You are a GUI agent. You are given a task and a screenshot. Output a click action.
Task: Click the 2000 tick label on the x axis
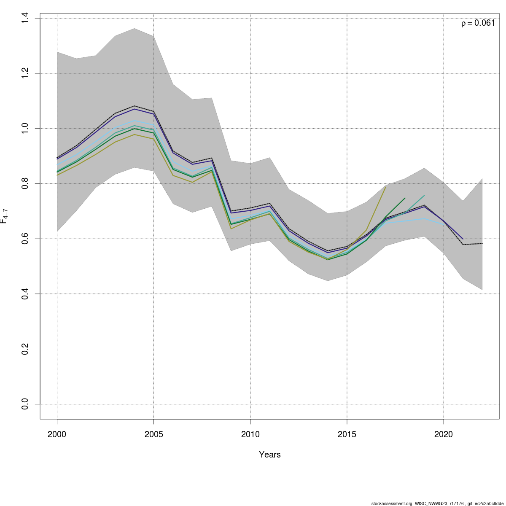click(57, 434)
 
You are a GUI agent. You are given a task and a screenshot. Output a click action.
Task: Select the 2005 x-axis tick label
click(153, 434)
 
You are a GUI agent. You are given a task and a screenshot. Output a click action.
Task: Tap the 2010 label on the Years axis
click(250, 434)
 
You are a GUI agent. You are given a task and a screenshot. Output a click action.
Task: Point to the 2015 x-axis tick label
click(347, 434)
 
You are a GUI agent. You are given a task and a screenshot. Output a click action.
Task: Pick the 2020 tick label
click(443, 434)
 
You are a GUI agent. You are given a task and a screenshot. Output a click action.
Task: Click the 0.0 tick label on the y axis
click(25, 404)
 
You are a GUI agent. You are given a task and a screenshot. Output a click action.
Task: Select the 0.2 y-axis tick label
click(25, 349)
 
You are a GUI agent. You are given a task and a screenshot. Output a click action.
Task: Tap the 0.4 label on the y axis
click(25, 293)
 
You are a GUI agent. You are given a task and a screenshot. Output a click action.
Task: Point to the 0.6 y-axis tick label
click(25, 239)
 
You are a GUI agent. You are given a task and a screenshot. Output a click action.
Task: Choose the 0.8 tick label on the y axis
click(25, 183)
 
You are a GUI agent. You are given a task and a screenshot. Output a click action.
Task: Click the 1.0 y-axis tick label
click(25, 128)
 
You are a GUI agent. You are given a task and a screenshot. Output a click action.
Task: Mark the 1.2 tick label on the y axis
click(25, 73)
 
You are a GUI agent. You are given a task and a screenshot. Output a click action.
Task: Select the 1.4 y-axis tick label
click(25, 18)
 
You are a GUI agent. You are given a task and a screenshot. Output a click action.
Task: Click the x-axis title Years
click(270, 455)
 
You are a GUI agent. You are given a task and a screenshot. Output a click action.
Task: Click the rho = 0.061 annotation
click(478, 23)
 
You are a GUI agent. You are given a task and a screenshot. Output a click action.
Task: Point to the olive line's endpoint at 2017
click(385, 187)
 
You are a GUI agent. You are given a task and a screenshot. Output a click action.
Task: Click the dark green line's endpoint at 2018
click(405, 198)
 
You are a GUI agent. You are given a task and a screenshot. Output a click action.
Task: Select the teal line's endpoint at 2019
click(424, 196)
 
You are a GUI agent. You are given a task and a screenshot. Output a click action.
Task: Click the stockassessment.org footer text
click(437, 503)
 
